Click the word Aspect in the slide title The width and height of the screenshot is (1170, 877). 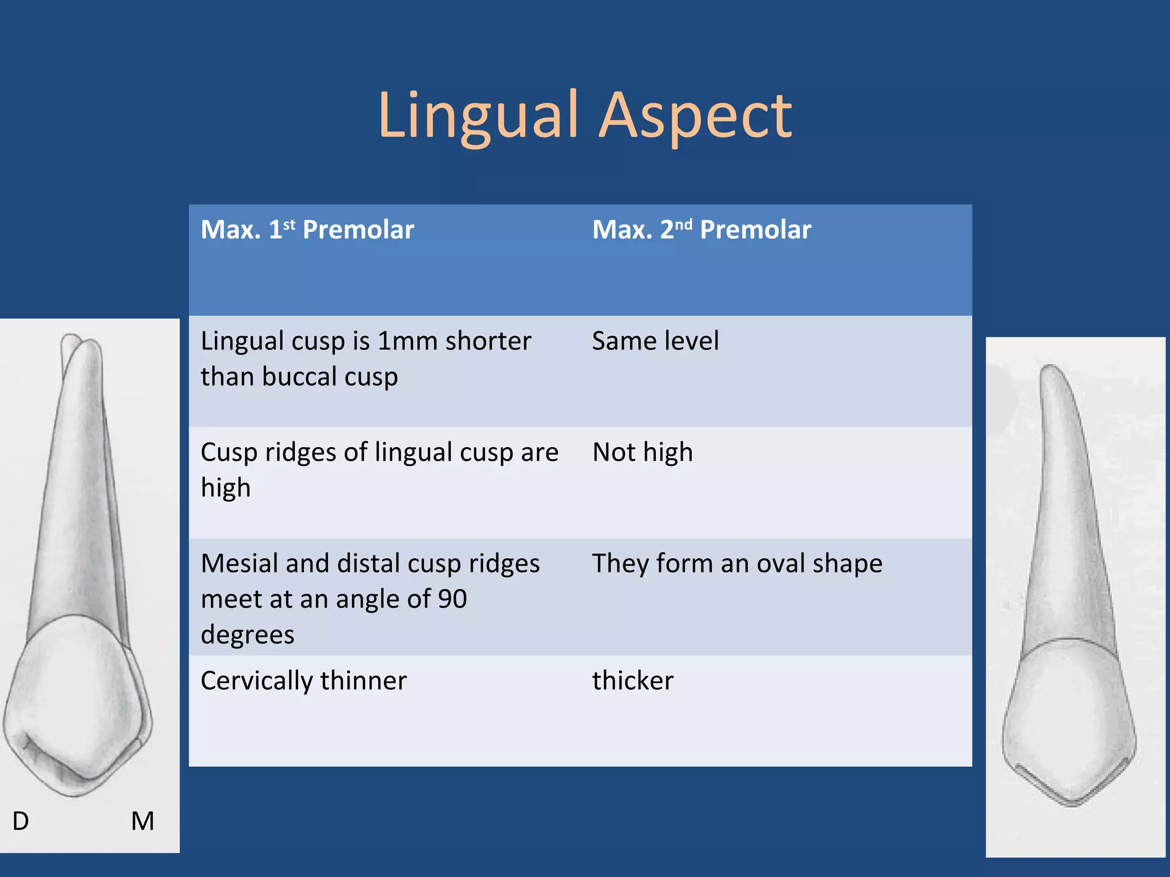point(695,116)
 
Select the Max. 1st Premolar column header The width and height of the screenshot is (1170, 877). point(307,230)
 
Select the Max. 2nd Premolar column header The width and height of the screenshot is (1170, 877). point(702,230)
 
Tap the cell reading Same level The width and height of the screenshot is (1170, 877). point(655,341)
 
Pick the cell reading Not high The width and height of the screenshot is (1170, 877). point(643,452)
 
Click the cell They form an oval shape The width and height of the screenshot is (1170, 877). point(737,564)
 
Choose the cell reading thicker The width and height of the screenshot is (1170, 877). point(633,681)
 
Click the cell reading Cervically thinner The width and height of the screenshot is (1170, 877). point(304,681)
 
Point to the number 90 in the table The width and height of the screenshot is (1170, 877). point(452,599)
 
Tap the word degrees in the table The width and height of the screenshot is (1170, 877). point(248,635)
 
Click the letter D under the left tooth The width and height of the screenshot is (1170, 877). point(21,821)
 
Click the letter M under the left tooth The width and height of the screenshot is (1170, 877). point(142,821)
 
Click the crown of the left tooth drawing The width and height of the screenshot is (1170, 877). point(77,702)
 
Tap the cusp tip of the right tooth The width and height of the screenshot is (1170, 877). point(1072,802)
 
